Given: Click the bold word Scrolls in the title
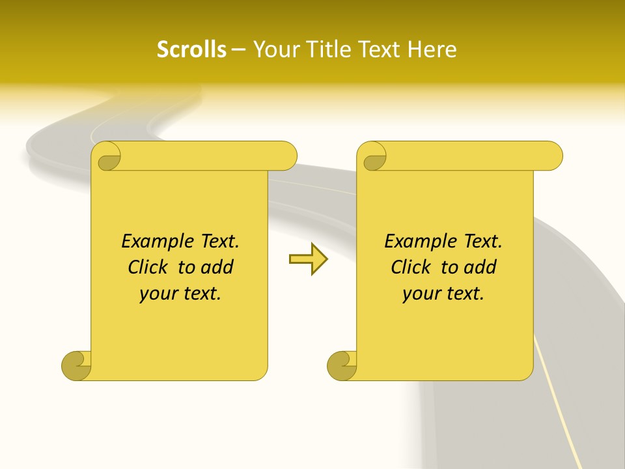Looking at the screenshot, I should (192, 50).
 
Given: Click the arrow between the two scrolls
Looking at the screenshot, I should (308, 259).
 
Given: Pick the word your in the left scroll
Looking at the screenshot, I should (157, 294).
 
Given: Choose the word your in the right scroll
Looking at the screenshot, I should (420, 294).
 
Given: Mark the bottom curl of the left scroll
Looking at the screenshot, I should (77, 365).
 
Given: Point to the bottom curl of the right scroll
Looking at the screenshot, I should (342, 365).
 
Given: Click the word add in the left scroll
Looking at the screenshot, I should (217, 267).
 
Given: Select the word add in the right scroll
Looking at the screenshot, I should (480, 267).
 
